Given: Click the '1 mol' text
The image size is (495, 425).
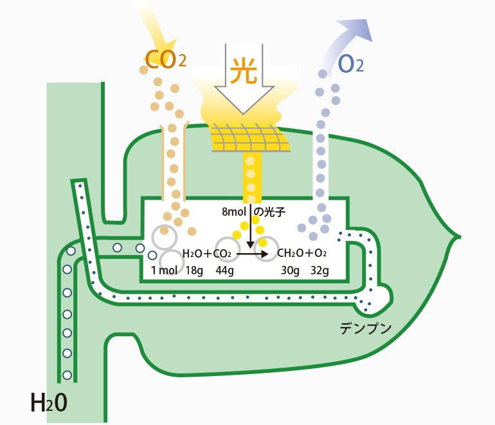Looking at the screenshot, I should (x=164, y=270).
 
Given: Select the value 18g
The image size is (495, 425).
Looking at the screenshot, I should (x=194, y=270).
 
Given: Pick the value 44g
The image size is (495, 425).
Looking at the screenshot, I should (x=225, y=270).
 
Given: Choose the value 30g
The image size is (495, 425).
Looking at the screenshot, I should (x=290, y=270).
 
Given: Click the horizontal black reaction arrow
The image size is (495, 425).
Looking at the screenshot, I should (x=252, y=254).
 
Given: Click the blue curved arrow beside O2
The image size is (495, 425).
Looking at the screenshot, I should (x=351, y=39).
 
